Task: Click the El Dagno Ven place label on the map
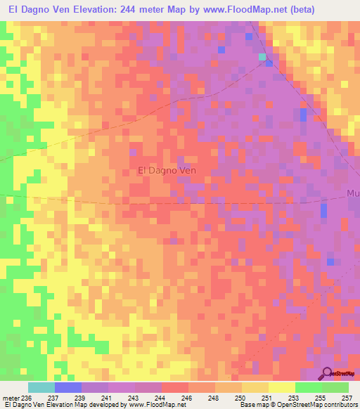(166, 170)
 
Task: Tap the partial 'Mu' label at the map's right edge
(353, 193)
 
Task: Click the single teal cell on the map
(262, 56)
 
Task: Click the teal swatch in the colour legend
(41, 387)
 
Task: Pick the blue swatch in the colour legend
(67, 387)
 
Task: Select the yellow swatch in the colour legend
(281, 387)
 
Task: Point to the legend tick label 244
(161, 397)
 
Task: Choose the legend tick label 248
(214, 397)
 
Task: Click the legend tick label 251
(267, 397)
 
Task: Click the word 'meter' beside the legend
(11, 397)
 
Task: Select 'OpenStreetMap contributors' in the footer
(320, 405)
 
